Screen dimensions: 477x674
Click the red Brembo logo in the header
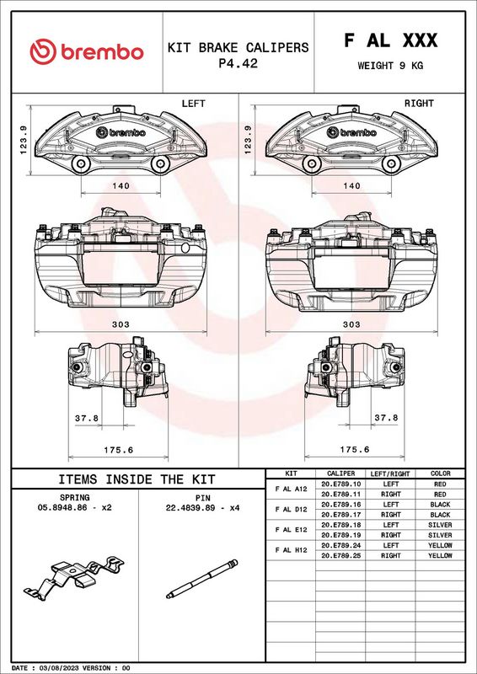87,51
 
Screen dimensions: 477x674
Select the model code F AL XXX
390,40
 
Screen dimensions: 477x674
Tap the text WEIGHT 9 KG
390,66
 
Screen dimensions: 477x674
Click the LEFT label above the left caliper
194,104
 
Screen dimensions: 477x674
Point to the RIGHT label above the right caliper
419,104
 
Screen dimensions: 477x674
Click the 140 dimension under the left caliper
121,185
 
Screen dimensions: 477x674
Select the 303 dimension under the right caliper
351,324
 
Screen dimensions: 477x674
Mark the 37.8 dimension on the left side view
87,418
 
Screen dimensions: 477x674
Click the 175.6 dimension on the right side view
355,450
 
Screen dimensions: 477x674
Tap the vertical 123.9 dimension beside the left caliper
24,140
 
